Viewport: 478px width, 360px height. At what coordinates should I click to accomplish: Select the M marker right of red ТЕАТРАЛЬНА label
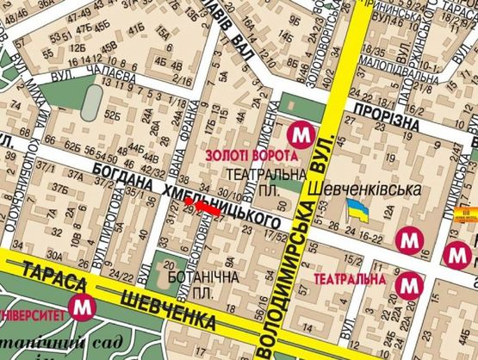tap(413, 282)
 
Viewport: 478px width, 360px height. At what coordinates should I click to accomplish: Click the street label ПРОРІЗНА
tap(399, 115)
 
